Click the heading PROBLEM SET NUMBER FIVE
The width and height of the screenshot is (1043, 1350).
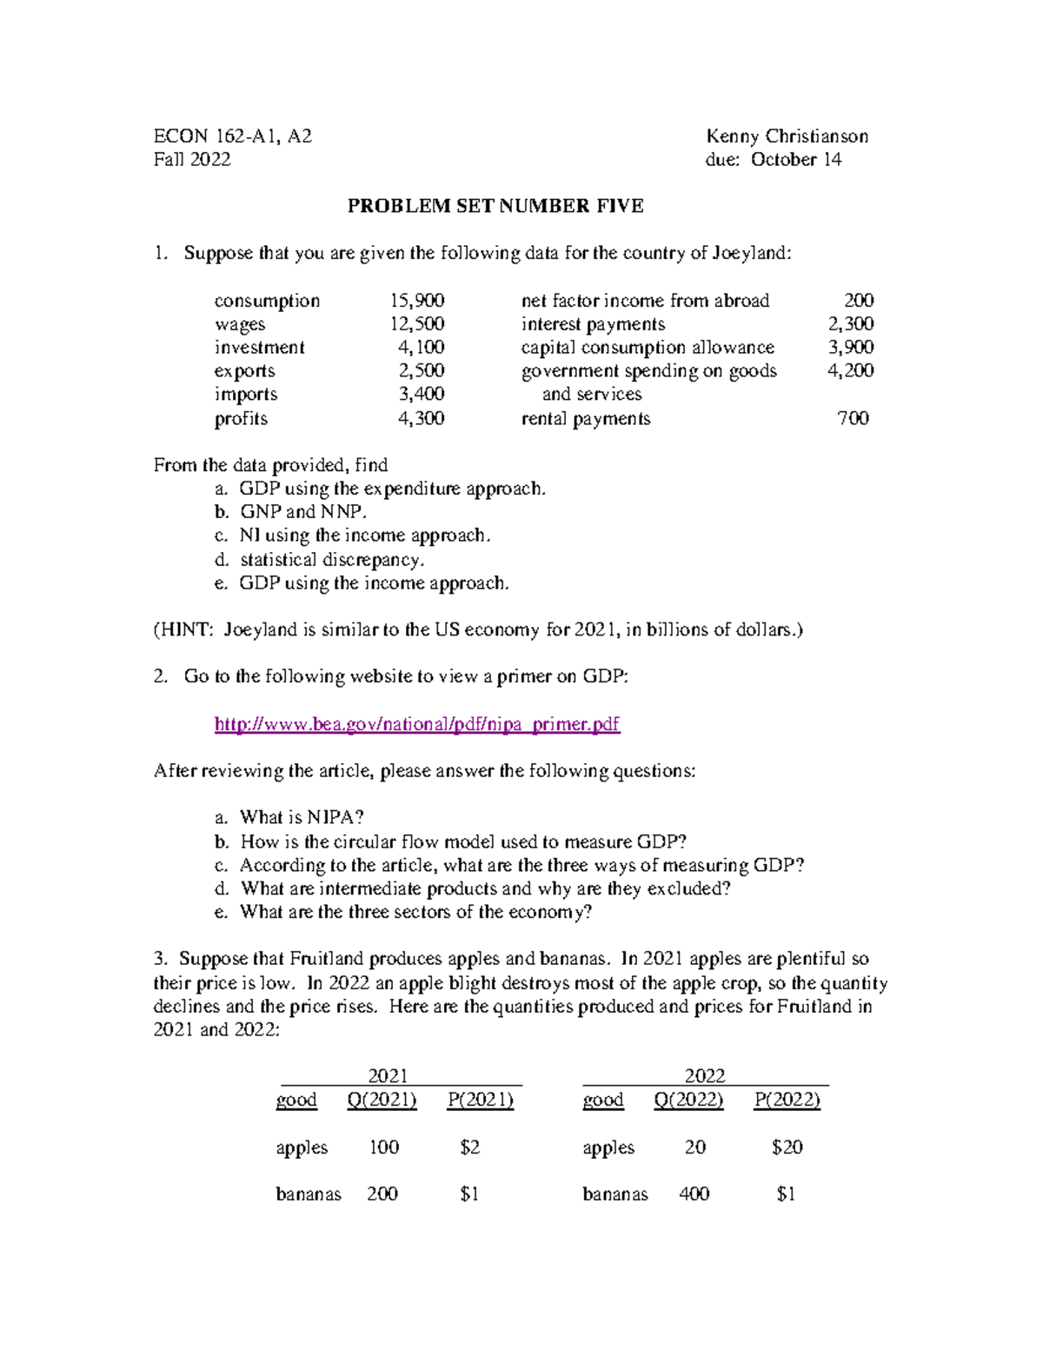[495, 206]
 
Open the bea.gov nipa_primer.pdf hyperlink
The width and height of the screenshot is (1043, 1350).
[416, 724]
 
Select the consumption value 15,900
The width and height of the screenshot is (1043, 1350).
[416, 301]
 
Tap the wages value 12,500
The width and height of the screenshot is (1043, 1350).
[416, 324]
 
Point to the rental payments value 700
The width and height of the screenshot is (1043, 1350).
[853, 418]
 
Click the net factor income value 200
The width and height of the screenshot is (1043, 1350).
[859, 301]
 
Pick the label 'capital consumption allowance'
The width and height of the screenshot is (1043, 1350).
[648, 348]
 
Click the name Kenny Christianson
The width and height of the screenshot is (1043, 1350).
[787, 136]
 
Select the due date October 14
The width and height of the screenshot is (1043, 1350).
[796, 160]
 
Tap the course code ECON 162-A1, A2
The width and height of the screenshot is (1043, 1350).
[232, 136]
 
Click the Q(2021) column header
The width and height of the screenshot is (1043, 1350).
[382, 1101]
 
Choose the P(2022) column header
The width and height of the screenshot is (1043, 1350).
[787, 1101]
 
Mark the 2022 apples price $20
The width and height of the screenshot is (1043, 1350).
[787, 1147]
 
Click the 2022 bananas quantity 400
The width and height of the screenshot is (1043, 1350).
[694, 1194]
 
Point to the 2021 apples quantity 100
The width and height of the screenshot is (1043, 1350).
[383, 1147]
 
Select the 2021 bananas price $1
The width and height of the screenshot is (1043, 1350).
[469, 1194]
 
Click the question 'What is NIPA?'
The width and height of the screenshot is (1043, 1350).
[302, 817]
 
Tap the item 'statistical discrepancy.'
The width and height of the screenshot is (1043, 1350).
[332, 559]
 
